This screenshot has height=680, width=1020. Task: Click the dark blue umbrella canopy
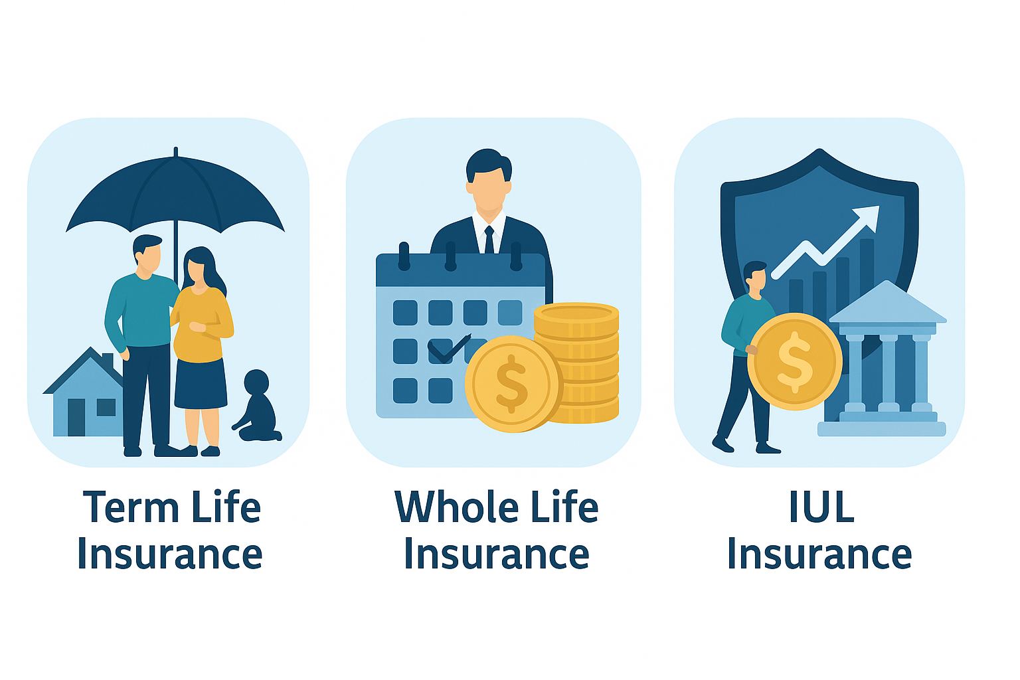pos(175,193)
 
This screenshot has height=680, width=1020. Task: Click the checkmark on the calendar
pos(448,349)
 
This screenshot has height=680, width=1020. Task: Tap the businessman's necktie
pos(489,240)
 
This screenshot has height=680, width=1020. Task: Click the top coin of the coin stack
pos(576,314)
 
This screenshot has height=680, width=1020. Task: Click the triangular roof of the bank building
pos(887,303)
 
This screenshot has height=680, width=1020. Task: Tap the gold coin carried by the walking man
pos(795,361)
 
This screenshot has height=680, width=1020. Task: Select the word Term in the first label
pos(131,507)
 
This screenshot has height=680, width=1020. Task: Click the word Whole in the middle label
pos(457,506)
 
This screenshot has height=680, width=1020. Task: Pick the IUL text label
pos(821,507)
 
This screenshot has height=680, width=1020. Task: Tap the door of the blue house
pos(76,418)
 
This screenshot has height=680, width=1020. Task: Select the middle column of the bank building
pos(889,371)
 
